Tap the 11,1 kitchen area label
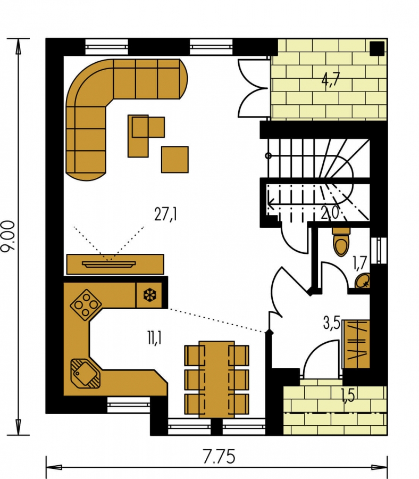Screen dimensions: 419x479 point(155,338)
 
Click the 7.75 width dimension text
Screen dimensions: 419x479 point(219,457)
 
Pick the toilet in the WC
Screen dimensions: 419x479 point(341,242)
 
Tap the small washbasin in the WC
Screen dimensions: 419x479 point(363,280)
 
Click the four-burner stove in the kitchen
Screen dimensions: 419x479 point(86,304)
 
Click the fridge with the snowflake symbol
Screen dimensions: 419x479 point(149,295)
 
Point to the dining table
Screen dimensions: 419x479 point(216,379)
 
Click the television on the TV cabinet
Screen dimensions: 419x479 point(109,263)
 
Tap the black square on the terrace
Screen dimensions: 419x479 point(377,48)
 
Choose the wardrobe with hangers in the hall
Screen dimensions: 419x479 point(356,344)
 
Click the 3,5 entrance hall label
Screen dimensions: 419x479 point(331,323)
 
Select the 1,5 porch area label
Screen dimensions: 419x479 point(348,395)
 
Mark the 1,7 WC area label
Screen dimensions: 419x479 point(359,263)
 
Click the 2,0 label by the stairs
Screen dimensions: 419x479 point(330,212)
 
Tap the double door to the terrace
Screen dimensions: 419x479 point(253,88)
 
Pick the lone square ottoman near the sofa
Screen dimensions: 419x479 point(175,160)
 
